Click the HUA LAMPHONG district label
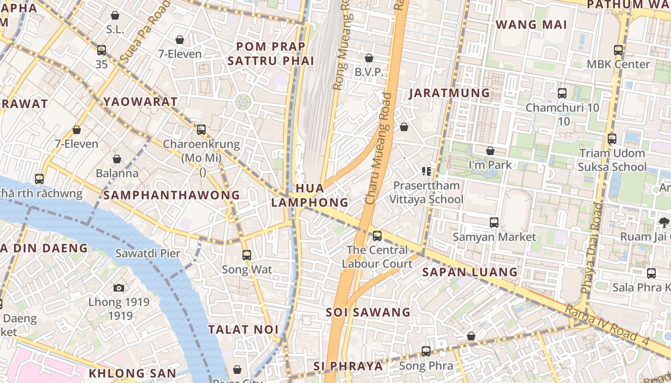pyautogui.click(x=310, y=195)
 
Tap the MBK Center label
pyautogui.click(x=618, y=64)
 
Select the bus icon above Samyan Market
pyautogui.click(x=494, y=223)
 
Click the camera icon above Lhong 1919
pyautogui.click(x=119, y=288)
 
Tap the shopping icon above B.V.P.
pyautogui.click(x=369, y=58)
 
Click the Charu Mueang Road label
pyautogui.click(x=379, y=148)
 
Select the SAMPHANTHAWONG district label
pyautogui.click(x=171, y=195)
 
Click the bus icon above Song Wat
pyautogui.click(x=247, y=255)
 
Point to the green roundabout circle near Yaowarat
pyautogui.click(x=243, y=101)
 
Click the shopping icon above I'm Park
pyautogui.click(x=490, y=151)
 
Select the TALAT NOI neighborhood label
pyautogui.click(x=243, y=329)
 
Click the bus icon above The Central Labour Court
pyautogui.click(x=377, y=236)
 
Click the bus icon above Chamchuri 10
pyautogui.click(x=562, y=93)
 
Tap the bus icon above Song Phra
pyautogui.click(x=426, y=351)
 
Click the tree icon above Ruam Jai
pyautogui.click(x=664, y=222)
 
